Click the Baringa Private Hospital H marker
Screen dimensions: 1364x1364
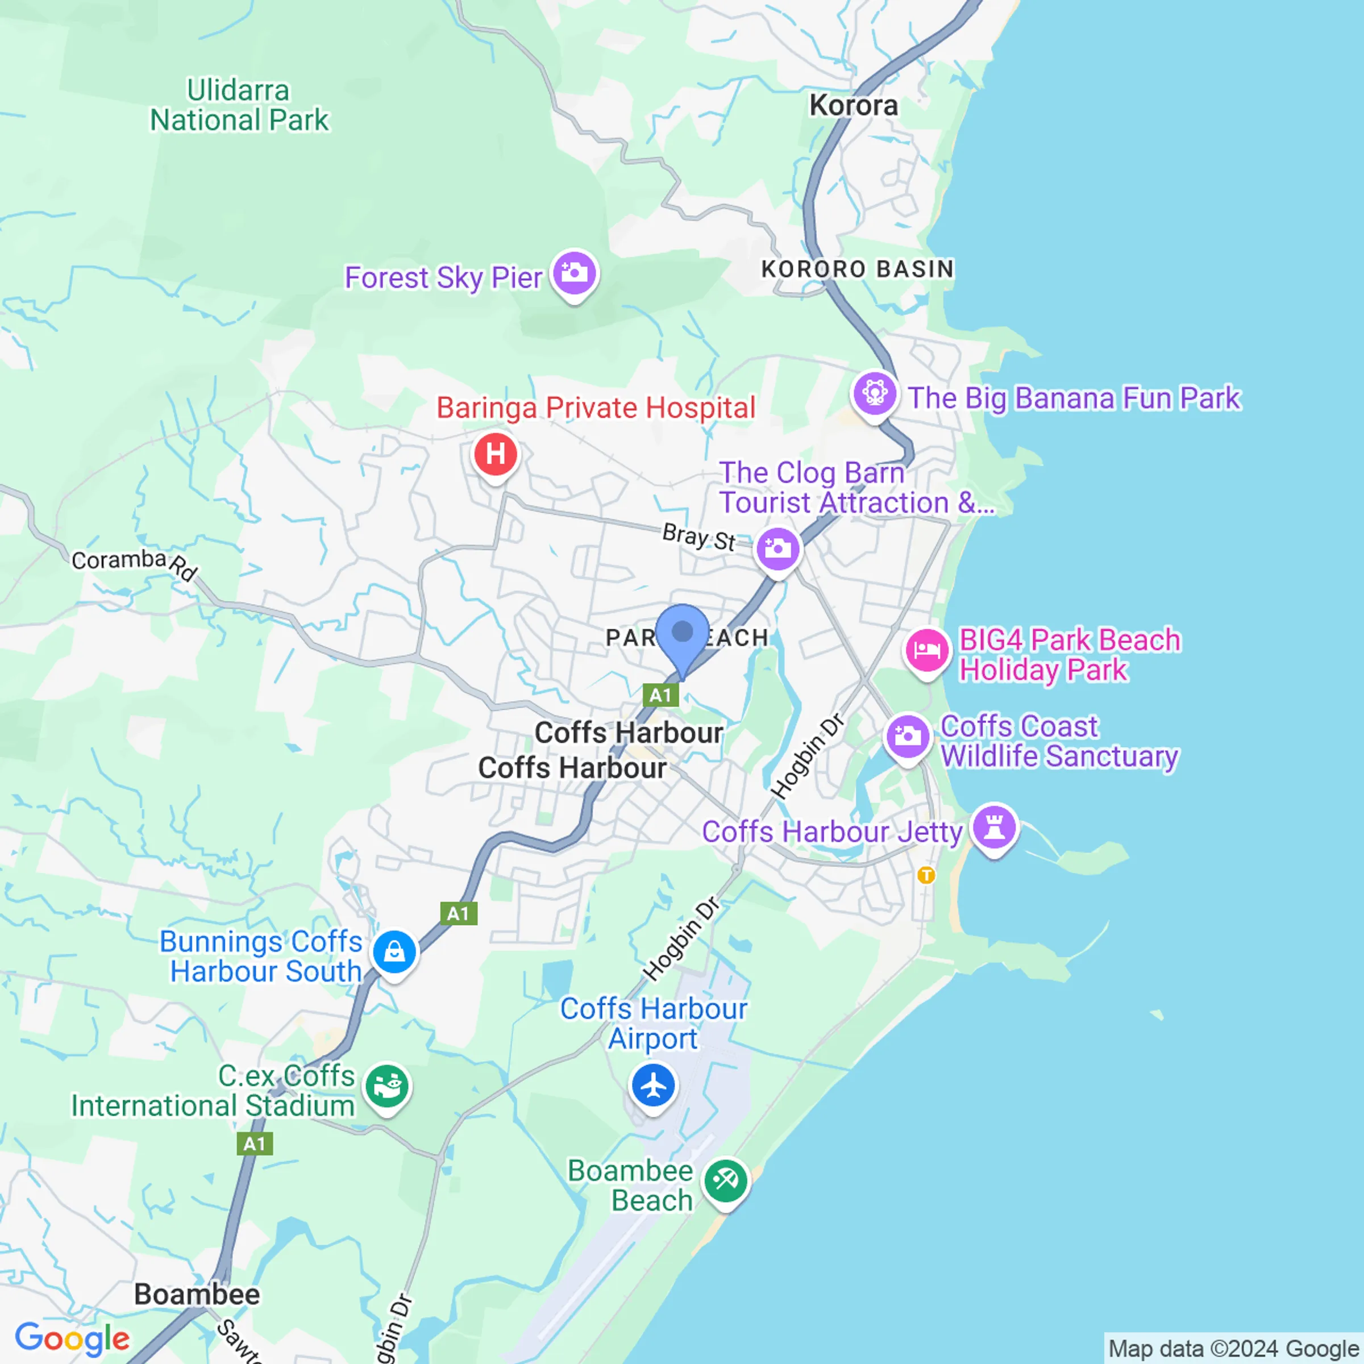pos(496,454)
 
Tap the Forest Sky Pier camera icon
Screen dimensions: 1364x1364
pos(575,273)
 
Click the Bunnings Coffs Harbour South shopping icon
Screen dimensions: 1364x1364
pos(394,951)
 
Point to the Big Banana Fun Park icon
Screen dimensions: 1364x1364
pos(875,393)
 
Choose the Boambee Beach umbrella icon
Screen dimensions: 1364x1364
pos(725,1180)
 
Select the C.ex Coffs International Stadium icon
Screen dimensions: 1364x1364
pos(387,1086)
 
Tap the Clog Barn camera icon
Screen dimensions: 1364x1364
pos(777,548)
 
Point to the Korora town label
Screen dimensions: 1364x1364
pos(853,106)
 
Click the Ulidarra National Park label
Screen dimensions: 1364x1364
pos(239,106)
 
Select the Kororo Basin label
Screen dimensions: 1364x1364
pos(857,269)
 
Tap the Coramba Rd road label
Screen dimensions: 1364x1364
pos(134,563)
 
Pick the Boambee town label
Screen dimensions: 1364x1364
pos(197,1294)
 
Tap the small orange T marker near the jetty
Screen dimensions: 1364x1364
pos(926,875)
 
